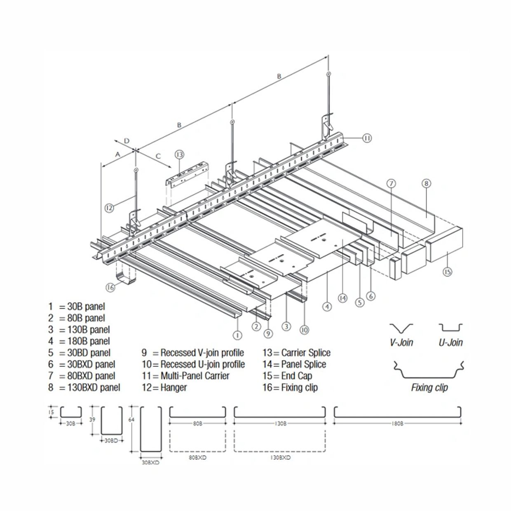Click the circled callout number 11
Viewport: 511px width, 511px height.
pos(367,138)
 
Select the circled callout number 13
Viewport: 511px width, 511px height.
pos(179,155)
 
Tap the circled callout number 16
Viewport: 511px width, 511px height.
pos(110,288)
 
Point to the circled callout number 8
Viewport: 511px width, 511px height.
pos(427,183)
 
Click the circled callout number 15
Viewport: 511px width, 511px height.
pos(447,272)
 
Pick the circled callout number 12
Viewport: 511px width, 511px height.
pos(109,208)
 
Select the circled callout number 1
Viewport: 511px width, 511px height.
pos(237,335)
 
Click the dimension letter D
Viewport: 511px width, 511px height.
pos(127,141)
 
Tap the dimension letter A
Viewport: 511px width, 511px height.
pos(117,154)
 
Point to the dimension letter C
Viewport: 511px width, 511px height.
pos(158,156)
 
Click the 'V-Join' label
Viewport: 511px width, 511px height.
pos(401,342)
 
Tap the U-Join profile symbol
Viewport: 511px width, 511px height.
pos(450,328)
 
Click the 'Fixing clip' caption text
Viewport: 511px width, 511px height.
pos(429,387)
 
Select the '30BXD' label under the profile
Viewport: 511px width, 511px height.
pos(150,463)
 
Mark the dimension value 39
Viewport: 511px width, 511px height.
pos(92,420)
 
